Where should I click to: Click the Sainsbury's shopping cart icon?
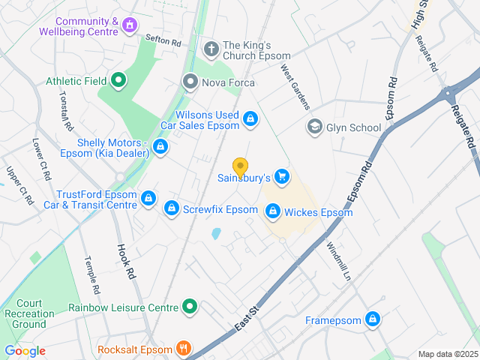282,176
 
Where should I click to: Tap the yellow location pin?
240,167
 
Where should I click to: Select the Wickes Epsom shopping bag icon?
273,212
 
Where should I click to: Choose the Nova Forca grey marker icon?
190,82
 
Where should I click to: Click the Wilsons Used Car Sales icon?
250,118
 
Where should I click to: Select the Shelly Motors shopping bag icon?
160,146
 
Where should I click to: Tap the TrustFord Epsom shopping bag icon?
148,199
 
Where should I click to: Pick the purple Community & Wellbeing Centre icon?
130,25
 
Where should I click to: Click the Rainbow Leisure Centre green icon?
190,306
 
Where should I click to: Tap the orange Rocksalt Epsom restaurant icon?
183,349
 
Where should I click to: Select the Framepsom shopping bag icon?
373,320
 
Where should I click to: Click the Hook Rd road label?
126,262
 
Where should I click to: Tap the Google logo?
25,351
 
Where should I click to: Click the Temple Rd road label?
92,275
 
